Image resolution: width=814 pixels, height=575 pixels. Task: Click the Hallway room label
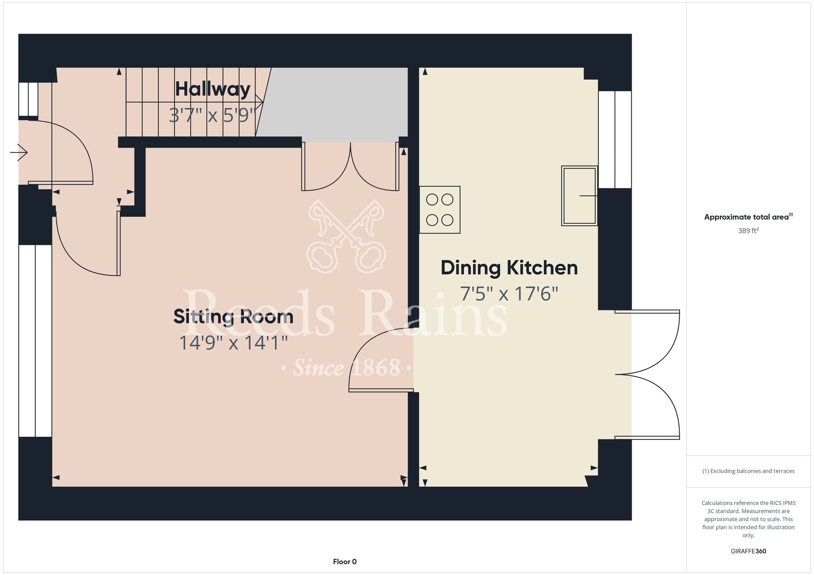click(x=212, y=89)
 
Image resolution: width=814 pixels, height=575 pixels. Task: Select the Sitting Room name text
click(x=233, y=317)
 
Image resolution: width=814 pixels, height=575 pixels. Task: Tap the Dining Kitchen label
click(x=509, y=268)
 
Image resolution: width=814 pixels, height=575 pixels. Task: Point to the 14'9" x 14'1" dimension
click(x=233, y=343)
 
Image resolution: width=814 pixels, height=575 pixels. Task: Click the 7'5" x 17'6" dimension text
click(x=509, y=294)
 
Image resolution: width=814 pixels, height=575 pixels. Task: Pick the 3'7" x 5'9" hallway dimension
click(x=212, y=115)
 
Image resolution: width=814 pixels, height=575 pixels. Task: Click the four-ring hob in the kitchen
click(x=440, y=210)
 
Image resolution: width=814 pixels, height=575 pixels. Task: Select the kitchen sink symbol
click(x=579, y=196)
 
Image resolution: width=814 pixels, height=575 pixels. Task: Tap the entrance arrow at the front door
click(x=19, y=152)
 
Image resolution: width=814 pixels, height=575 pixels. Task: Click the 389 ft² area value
click(x=748, y=231)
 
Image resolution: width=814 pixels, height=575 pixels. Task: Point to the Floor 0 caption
click(x=345, y=562)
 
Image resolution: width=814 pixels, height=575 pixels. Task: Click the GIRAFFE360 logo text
click(x=748, y=551)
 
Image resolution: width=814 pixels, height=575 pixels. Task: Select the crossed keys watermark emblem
click(x=346, y=236)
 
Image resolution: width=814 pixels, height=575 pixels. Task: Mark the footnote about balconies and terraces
click(x=748, y=471)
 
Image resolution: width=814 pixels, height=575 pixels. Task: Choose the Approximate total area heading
click(x=748, y=217)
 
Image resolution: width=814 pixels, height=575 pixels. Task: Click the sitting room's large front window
click(x=35, y=341)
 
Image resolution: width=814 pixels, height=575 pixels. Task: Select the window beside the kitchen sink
click(x=615, y=139)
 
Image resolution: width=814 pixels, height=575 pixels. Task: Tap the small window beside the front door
click(x=28, y=100)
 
